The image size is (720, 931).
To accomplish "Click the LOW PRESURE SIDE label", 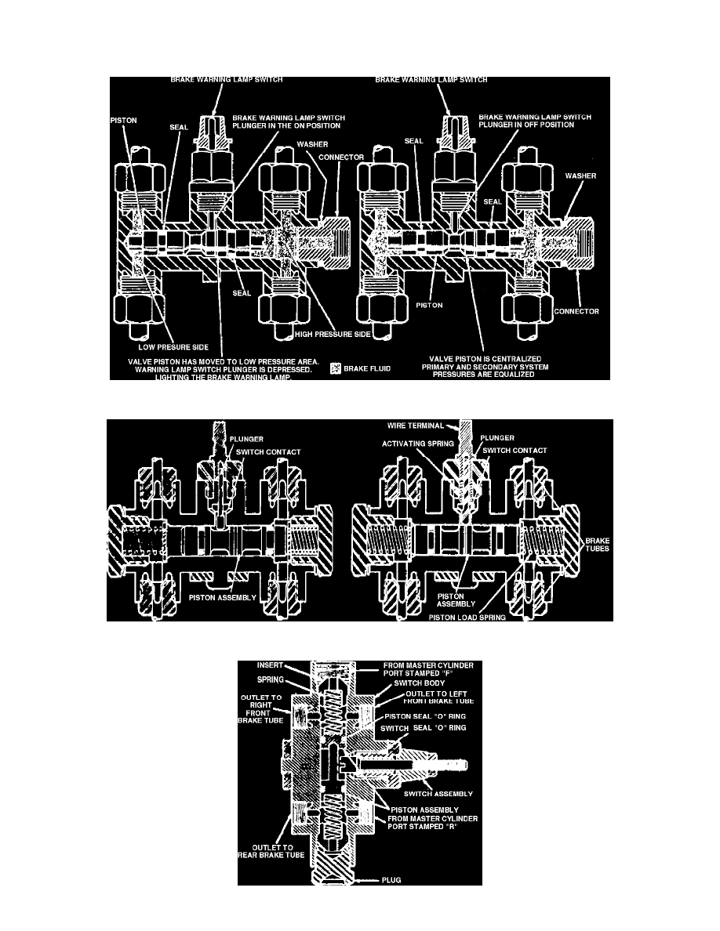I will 165,343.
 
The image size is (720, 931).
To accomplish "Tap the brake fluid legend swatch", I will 335,366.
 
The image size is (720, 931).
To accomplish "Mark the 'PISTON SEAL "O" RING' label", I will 427,715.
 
